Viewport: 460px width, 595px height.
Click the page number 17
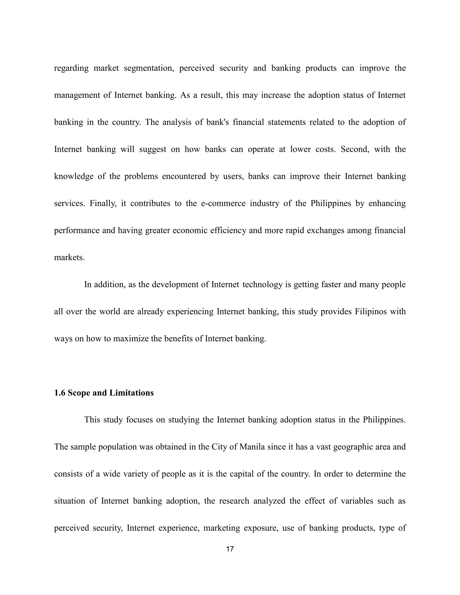coord(230,549)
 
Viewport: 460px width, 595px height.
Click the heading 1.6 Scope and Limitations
coord(104,393)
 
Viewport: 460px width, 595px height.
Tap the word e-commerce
coord(223,203)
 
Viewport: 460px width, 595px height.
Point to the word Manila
coord(252,447)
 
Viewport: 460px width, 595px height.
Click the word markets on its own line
coord(69,258)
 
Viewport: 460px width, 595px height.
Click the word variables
coord(356,501)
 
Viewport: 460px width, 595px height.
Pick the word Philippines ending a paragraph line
coord(384,420)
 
